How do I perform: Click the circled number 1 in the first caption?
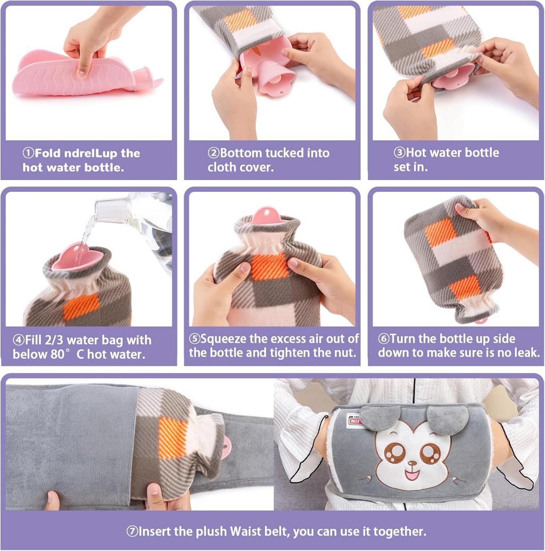pyautogui.click(x=28, y=153)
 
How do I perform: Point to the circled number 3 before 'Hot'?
pyautogui.click(x=399, y=152)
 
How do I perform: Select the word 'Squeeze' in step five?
pyautogui.click(x=223, y=339)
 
